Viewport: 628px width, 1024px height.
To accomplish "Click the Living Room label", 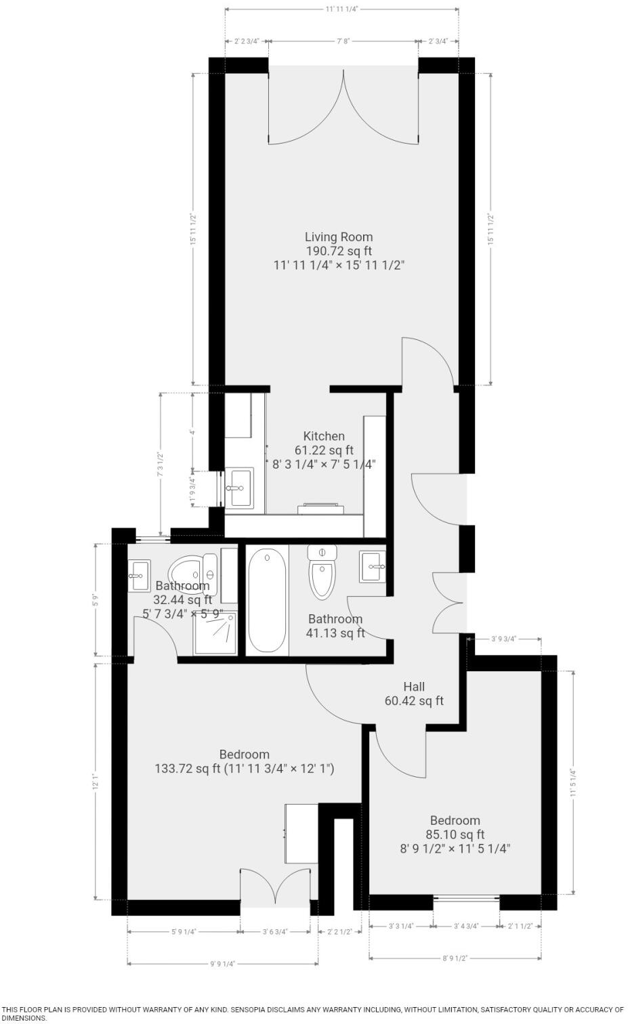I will point(338,237).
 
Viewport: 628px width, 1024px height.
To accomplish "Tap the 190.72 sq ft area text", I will point(338,251).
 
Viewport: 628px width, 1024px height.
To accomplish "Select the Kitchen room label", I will point(324,436).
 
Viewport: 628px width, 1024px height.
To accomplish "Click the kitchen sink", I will point(238,487).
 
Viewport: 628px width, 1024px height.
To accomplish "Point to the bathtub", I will point(267,599).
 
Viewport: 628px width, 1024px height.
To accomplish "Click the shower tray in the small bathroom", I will point(215,634).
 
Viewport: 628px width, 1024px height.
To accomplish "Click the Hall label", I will point(414,687).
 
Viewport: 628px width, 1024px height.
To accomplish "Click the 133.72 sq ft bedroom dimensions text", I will point(245,769).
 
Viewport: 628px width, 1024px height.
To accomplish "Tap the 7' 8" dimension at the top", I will point(343,41).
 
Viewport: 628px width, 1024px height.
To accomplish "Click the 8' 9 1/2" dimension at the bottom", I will point(455,958).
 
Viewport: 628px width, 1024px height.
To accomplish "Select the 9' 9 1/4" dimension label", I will point(222,964).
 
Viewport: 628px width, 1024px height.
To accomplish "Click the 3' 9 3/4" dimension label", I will point(503,639).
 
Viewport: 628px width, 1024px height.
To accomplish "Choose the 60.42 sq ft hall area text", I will point(414,701).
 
